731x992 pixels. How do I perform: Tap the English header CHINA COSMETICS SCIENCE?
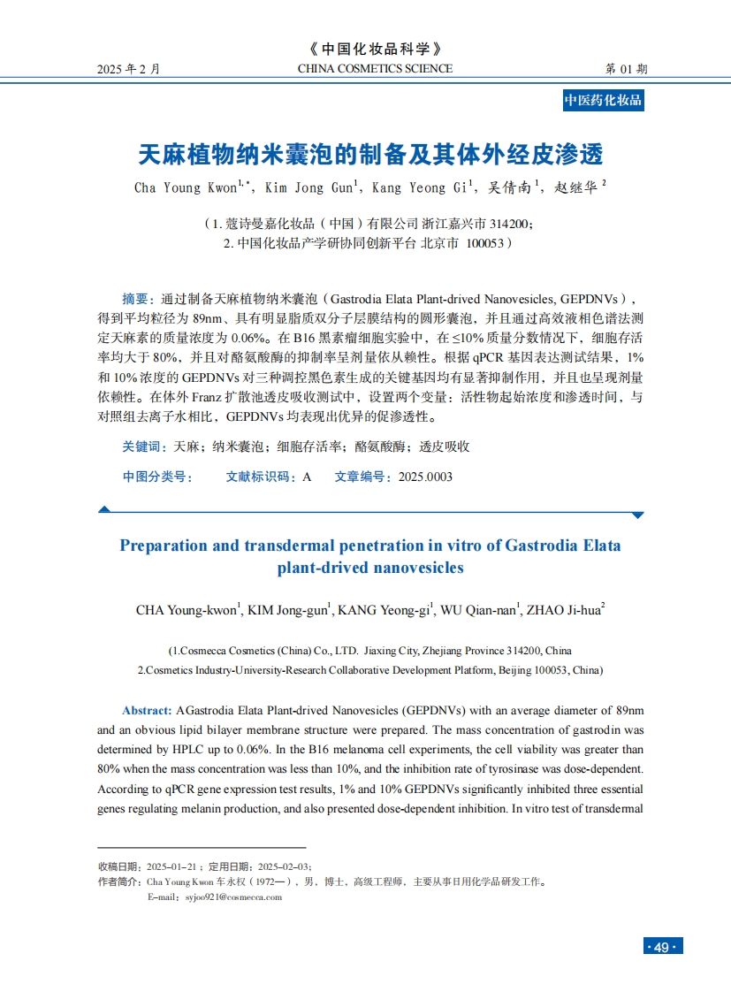point(375,69)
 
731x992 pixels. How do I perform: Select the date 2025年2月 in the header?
point(129,69)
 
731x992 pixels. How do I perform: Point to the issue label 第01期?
point(626,69)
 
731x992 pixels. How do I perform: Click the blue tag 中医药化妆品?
point(603,100)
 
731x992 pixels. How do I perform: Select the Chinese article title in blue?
point(371,156)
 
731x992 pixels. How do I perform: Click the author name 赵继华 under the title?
point(575,187)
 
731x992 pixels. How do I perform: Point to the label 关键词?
point(140,446)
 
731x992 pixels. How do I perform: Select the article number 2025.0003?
point(425,477)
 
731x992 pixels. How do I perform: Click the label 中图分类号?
point(157,477)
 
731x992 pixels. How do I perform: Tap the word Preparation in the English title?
point(164,546)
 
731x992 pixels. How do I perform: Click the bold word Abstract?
point(146,711)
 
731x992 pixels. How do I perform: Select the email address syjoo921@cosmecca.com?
point(233,897)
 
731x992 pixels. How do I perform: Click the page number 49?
point(662,947)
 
